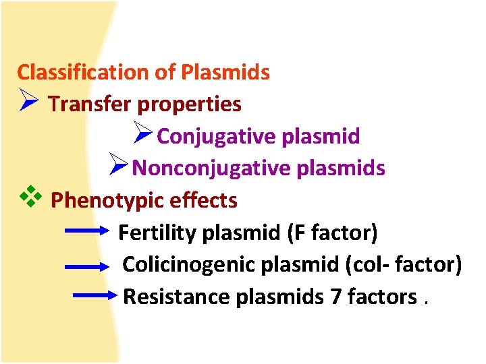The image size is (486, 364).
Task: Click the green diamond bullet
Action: (x=31, y=198)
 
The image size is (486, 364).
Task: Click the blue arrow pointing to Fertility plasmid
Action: (x=86, y=233)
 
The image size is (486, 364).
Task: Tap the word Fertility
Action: (x=157, y=233)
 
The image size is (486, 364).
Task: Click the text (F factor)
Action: (x=332, y=233)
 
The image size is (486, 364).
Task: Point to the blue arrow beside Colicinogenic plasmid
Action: (x=88, y=266)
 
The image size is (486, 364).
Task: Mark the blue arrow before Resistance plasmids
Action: (x=94, y=295)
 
